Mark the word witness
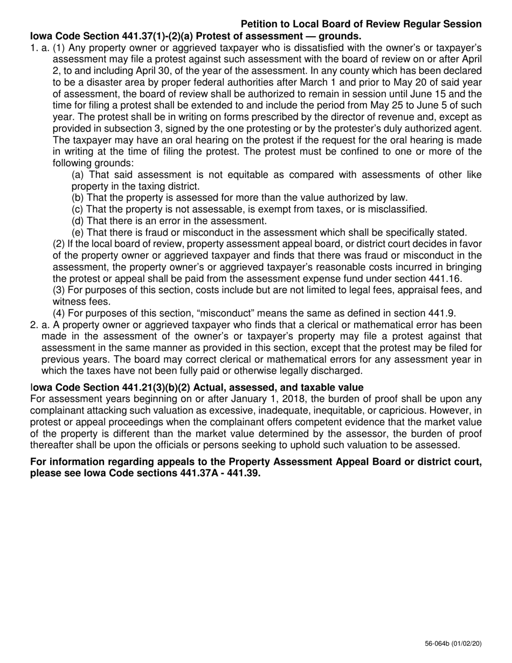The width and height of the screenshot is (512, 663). coord(68,302)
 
